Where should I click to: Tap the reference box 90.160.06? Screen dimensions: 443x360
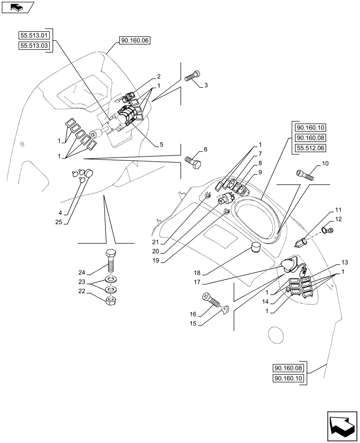pos(135,40)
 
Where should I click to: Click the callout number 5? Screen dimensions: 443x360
pos(161,144)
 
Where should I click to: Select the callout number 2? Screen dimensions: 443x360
pos(158,76)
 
